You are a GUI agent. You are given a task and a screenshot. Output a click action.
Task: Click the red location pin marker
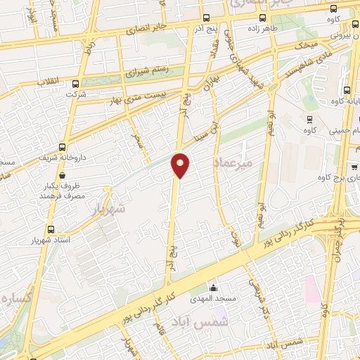181,165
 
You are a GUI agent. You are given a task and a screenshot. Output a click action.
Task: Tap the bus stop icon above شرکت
70,83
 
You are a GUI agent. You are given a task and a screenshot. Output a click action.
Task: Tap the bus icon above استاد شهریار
51,229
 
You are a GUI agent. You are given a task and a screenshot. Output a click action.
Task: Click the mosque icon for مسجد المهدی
214,288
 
